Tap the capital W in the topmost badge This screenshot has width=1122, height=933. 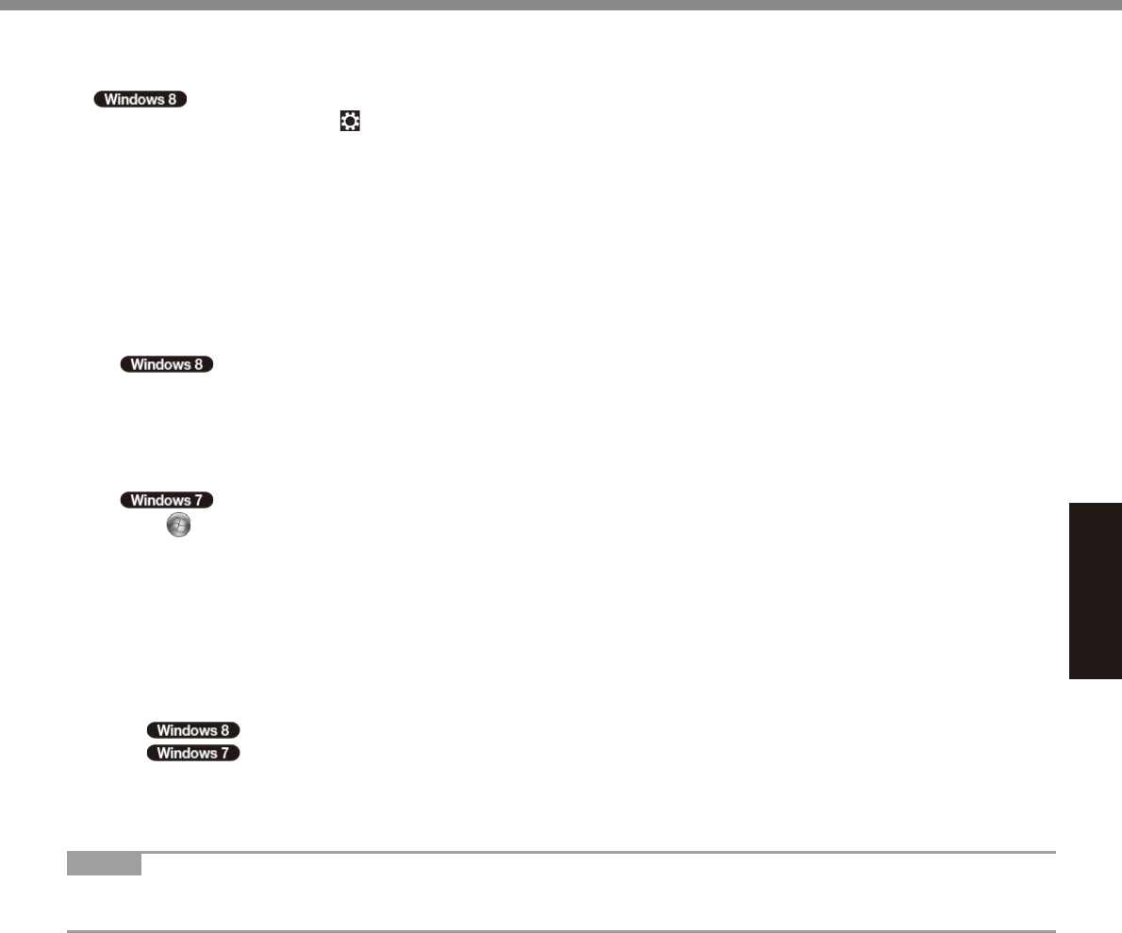[x=110, y=99]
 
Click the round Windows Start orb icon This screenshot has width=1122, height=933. [x=178, y=526]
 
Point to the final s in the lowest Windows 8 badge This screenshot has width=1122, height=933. [x=216, y=730]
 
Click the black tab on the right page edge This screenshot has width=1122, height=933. [x=1096, y=591]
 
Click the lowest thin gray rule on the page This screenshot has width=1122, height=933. [x=561, y=931]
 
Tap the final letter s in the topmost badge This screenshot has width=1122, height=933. [x=163, y=99]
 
